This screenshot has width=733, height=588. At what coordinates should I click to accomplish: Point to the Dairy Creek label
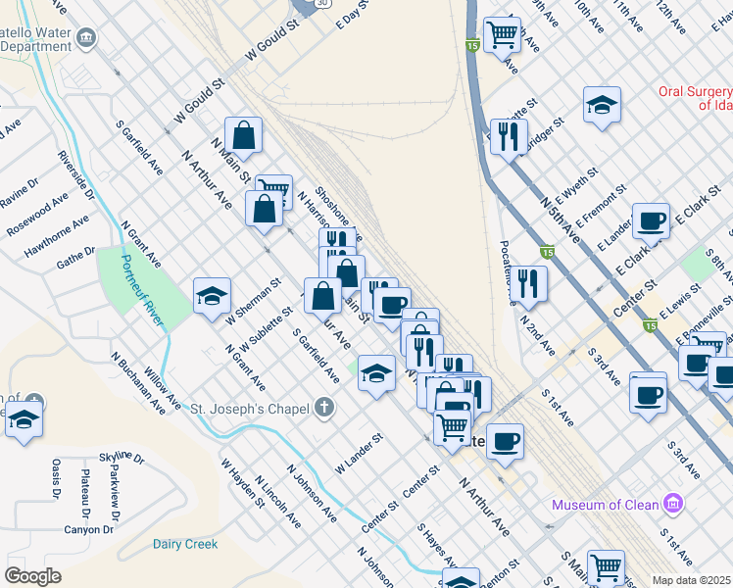click(x=184, y=543)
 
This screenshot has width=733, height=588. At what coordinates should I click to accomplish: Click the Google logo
click(x=32, y=576)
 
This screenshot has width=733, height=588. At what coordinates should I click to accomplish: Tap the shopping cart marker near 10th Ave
click(x=502, y=34)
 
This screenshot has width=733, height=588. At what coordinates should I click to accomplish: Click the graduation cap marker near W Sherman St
click(x=212, y=295)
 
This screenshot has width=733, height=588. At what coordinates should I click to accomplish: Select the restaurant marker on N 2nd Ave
click(x=529, y=283)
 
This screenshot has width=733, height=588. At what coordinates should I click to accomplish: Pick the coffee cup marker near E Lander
click(x=651, y=221)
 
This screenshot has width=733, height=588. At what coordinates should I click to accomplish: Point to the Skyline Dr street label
click(x=122, y=458)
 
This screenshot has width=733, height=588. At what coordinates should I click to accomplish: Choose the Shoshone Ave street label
click(x=339, y=217)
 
